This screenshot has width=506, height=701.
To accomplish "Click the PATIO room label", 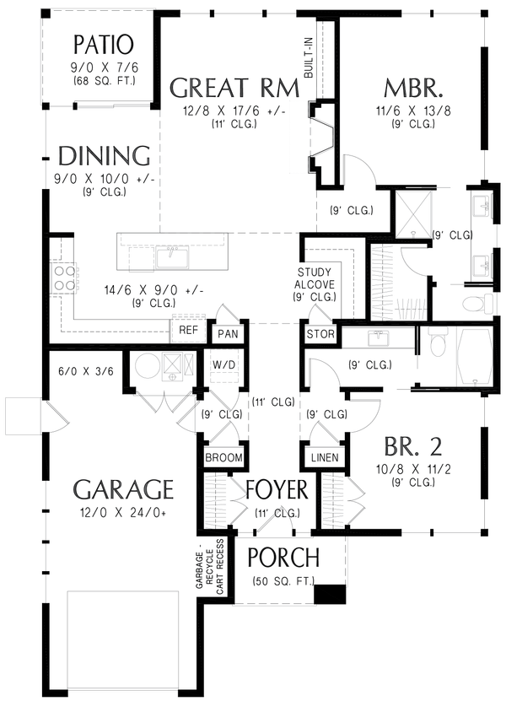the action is (103, 44).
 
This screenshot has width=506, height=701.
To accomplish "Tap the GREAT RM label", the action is (234, 88).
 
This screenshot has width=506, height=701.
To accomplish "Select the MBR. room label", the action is (413, 89).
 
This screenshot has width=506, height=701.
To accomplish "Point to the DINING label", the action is (104, 155).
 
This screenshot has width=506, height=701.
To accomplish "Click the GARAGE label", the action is (123, 489).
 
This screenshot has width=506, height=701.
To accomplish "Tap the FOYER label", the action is (277, 490).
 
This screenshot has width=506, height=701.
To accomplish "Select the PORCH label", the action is (283, 557).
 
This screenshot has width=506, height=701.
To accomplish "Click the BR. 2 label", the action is (413, 446).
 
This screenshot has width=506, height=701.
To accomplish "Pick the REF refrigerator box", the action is (188, 331).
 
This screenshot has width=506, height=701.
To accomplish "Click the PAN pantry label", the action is (228, 334).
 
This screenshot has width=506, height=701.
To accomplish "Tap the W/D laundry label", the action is (224, 364).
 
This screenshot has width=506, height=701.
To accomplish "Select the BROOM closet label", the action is (224, 458).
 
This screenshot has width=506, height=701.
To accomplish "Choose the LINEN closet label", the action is (325, 458).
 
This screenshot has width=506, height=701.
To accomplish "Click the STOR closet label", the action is (320, 334).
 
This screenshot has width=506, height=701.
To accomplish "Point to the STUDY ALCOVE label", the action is (315, 278).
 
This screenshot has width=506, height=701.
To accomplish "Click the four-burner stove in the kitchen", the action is (63, 278).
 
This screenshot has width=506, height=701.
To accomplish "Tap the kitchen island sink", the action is (173, 259).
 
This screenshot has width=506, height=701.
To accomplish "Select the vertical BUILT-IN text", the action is (309, 58).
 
